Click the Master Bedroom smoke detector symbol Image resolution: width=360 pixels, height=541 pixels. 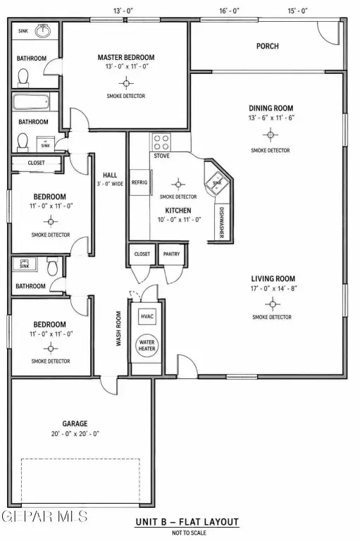[x=126, y=83]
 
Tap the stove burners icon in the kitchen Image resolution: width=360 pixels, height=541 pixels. [x=161, y=142]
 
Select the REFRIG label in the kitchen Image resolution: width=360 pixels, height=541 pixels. [x=139, y=182]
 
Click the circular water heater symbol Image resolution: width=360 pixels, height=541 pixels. [x=147, y=345]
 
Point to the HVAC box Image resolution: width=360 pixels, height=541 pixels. [x=147, y=316]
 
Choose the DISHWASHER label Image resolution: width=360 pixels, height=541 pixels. [x=222, y=223]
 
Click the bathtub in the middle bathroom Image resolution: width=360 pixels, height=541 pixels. [x=31, y=102]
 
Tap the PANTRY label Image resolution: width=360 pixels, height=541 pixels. [x=171, y=254]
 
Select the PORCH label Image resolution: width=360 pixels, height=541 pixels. [x=268, y=46]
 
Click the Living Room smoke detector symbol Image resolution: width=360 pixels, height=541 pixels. [x=273, y=304]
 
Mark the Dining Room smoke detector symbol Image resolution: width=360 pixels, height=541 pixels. [x=271, y=135]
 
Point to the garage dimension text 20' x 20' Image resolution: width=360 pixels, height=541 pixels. [x=75, y=434]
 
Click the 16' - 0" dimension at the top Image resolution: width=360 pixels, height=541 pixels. [x=229, y=11]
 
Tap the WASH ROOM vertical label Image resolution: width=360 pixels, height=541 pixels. [x=118, y=329]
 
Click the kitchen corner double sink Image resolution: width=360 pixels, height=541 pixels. [x=216, y=182]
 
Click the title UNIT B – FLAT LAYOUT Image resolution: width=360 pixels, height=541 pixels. [x=187, y=522]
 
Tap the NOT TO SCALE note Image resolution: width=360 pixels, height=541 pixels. [x=189, y=533]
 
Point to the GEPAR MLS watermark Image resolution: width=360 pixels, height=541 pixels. [x=44, y=516]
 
